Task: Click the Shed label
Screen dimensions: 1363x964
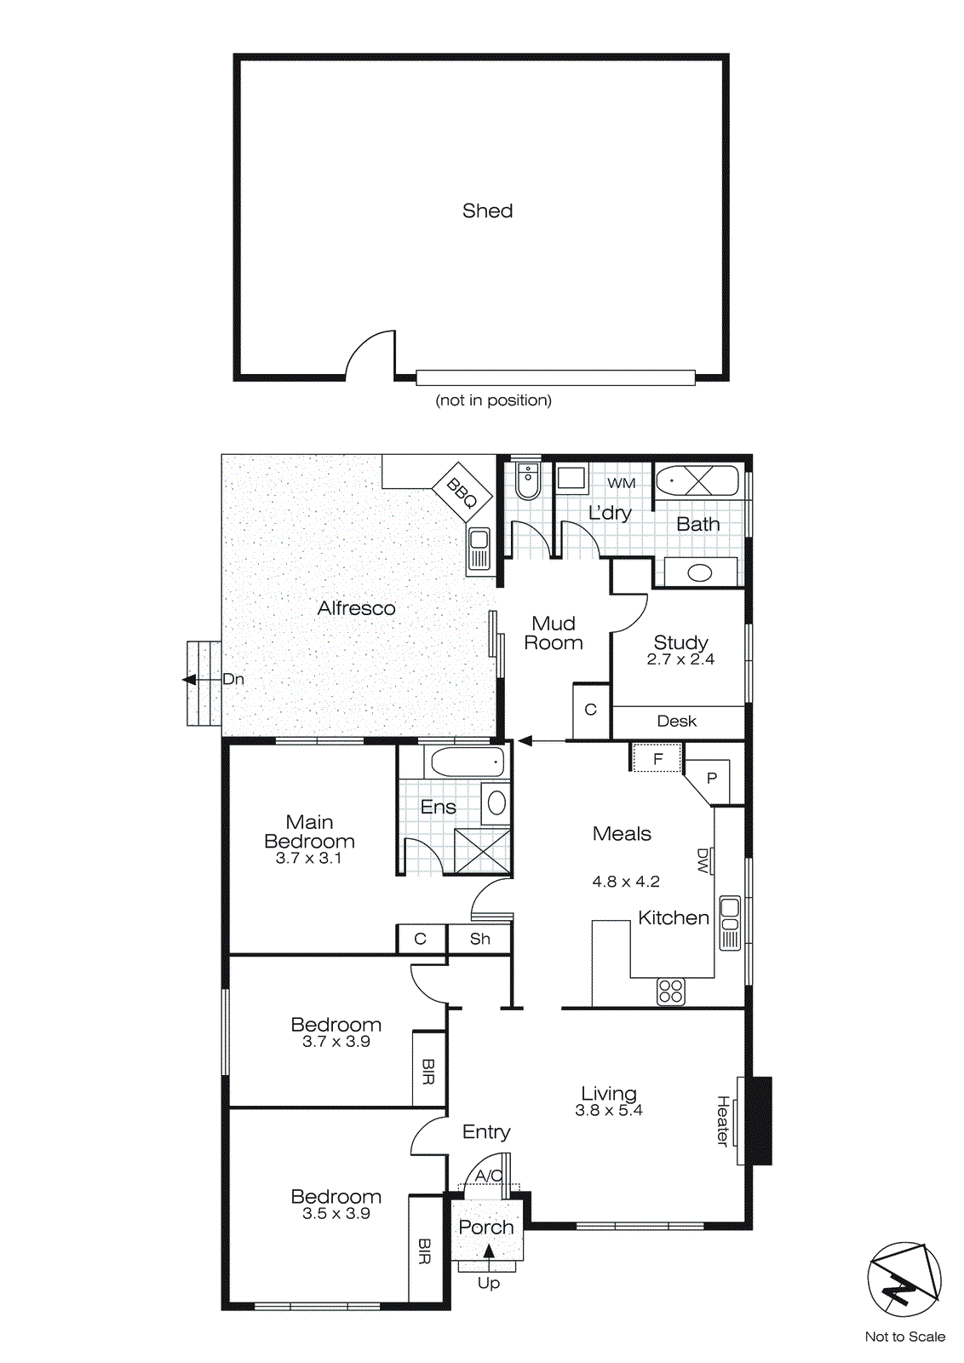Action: (487, 210)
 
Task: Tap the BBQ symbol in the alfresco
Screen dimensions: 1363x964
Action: (462, 492)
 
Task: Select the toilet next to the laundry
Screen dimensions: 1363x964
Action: (527, 481)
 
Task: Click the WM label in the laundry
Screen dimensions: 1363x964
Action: (621, 483)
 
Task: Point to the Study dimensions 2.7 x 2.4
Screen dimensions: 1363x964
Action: (680, 659)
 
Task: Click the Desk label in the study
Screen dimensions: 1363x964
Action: (677, 722)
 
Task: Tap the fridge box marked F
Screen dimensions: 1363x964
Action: (657, 758)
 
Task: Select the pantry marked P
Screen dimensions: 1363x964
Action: (712, 778)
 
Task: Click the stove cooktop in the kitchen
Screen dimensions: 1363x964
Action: (671, 992)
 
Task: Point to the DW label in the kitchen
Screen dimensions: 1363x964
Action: (703, 860)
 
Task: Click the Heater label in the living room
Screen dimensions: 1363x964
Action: (722, 1120)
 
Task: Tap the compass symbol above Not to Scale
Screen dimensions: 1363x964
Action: (904, 1280)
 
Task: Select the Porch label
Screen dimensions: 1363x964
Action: (486, 1228)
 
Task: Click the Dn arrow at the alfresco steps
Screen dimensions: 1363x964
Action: (190, 680)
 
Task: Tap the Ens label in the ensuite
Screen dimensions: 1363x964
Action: (438, 807)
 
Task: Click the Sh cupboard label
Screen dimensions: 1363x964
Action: (479, 939)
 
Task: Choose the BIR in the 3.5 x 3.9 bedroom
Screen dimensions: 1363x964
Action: (425, 1251)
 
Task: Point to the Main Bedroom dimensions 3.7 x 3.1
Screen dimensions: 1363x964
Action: (308, 859)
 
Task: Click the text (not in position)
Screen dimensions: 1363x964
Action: (493, 400)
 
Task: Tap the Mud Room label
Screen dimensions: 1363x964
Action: (554, 633)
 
